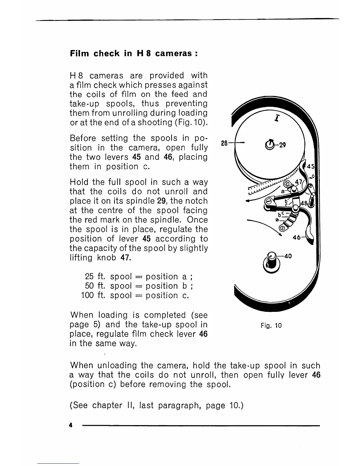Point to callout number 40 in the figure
click(288, 256)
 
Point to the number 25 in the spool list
click(89, 277)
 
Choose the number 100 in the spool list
click(87, 295)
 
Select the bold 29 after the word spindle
click(162, 201)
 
